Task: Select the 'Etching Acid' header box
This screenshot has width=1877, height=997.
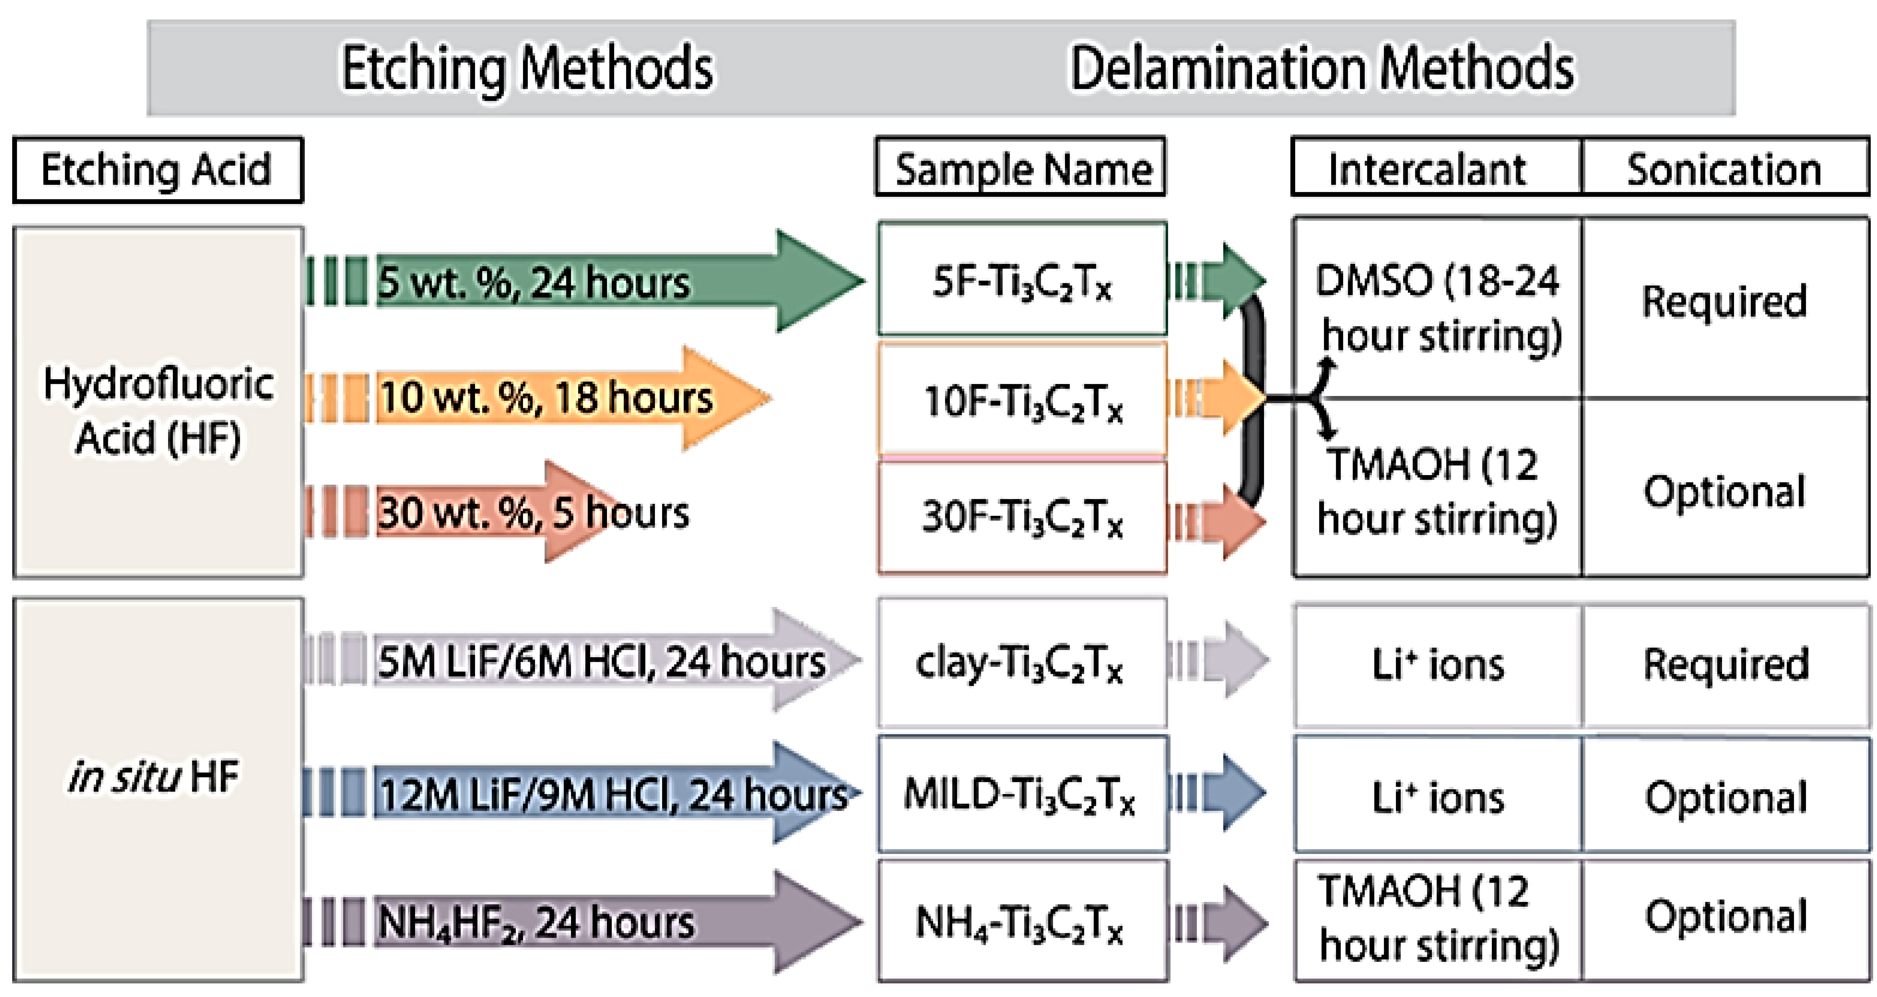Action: [x=158, y=170]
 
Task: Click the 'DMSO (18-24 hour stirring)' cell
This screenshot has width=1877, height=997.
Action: [x=1437, y=307]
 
